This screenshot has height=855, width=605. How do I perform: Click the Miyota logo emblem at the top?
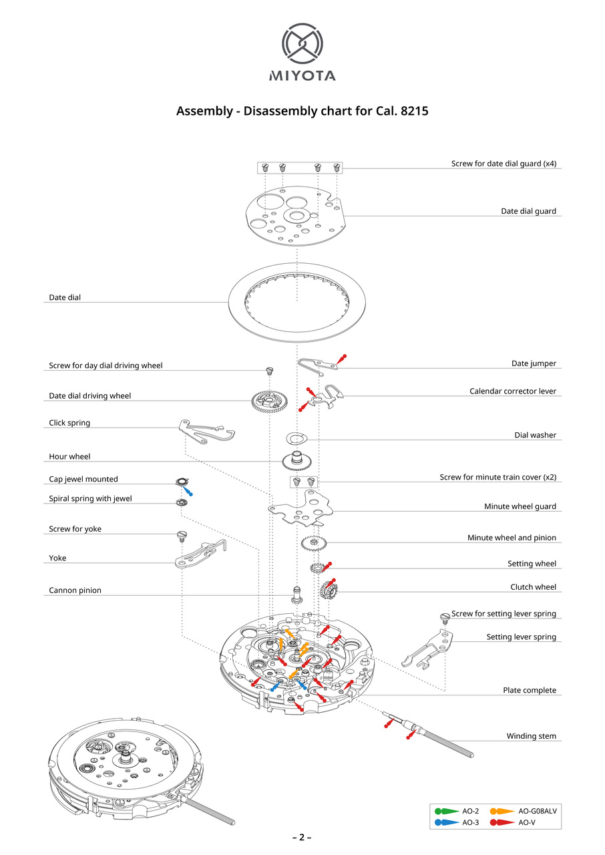(x=302, y=44)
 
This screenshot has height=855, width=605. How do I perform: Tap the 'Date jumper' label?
(x=534, y=363)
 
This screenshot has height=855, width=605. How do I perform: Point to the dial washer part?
(x=296, y=438)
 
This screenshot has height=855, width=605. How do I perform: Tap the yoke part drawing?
(x=200, y=554)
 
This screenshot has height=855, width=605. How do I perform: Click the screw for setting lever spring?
(x=444, y=617)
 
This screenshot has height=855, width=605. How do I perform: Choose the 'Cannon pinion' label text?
(x=75, y=590)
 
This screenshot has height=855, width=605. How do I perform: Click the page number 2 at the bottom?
(x=302, y=838)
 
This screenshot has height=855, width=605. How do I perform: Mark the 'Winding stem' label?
(x=531, y=736)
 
